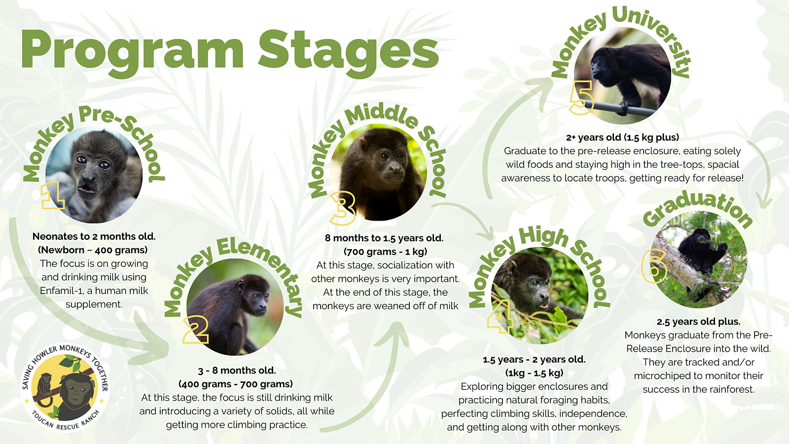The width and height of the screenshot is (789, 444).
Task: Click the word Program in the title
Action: (x=133, y=53)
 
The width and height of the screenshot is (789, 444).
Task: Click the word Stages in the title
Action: (x=348, y=53)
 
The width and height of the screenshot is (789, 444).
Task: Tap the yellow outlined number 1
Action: (x=53, y=195)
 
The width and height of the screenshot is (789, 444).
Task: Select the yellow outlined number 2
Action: (x=196, y=330)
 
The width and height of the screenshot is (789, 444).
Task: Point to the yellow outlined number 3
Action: (x=342, y=208)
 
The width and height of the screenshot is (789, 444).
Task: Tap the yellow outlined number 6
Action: (x=654, y=266)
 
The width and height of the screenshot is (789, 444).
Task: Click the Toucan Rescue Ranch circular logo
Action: (x=65, y=387)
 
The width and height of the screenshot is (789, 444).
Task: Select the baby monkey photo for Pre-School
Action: (x=94, y=175)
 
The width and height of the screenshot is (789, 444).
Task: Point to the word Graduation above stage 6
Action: (x=697, y=209)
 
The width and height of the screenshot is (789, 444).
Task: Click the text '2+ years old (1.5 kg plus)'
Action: (x=622, y=137)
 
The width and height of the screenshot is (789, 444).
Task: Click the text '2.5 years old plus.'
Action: (x=698, y=322)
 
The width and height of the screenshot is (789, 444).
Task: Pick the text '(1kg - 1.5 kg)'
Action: (x=535, y=373)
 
